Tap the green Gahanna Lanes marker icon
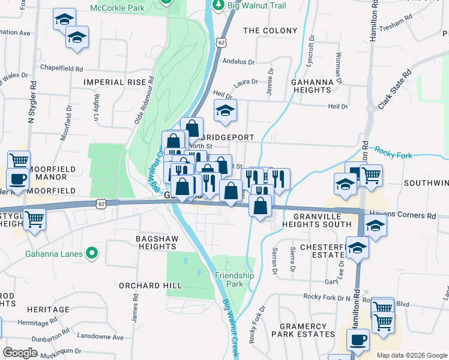91,254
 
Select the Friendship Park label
235,280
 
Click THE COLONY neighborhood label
270,31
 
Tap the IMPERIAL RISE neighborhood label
115,82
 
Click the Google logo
20,353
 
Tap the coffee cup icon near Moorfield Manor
17,178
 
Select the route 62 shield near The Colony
222,43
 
